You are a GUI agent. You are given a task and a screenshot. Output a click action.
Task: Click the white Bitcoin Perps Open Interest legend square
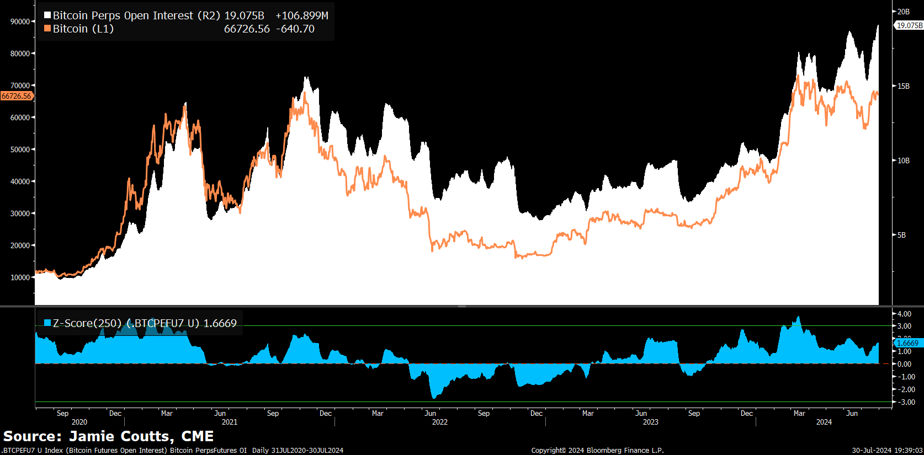pos(47,15)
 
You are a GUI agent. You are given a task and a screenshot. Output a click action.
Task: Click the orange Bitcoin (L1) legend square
pos(47,29)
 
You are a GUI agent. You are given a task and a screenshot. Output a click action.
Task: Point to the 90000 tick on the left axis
pos(20,22)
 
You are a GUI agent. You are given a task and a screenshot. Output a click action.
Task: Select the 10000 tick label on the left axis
pos(20,277)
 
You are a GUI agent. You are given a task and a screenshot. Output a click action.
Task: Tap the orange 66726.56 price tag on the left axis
pos(17,96)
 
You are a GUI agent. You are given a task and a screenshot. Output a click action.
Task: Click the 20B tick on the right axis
pos(903,12)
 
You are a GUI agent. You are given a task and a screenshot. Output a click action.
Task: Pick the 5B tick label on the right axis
pos(901,235)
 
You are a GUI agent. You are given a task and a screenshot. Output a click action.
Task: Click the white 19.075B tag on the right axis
pos(909,25)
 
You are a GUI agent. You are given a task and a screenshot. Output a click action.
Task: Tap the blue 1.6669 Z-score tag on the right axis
pos(908,343)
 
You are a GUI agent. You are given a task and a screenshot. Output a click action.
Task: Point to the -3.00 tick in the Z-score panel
pos(906,402)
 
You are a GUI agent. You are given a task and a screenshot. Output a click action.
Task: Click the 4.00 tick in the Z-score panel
pos(904,314)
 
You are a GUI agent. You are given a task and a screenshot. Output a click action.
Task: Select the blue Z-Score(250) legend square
pos(47,323)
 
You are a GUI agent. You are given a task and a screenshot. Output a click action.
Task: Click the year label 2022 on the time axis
pos(439,422)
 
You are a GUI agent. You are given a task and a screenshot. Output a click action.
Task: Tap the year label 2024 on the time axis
pos(824,422)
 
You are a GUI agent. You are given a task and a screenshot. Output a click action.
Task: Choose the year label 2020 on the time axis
pos(79,422)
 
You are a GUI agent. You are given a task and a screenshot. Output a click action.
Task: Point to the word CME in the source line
pos(197,436)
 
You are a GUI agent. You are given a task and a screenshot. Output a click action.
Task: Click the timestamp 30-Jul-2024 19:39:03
pos(887,451)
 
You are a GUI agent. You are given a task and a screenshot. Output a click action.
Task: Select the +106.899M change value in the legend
pos(301,15)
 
